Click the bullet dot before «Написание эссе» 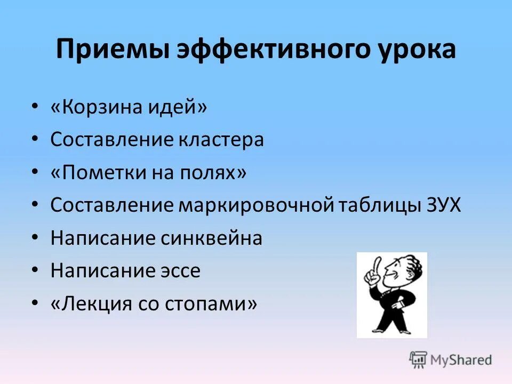35,271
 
